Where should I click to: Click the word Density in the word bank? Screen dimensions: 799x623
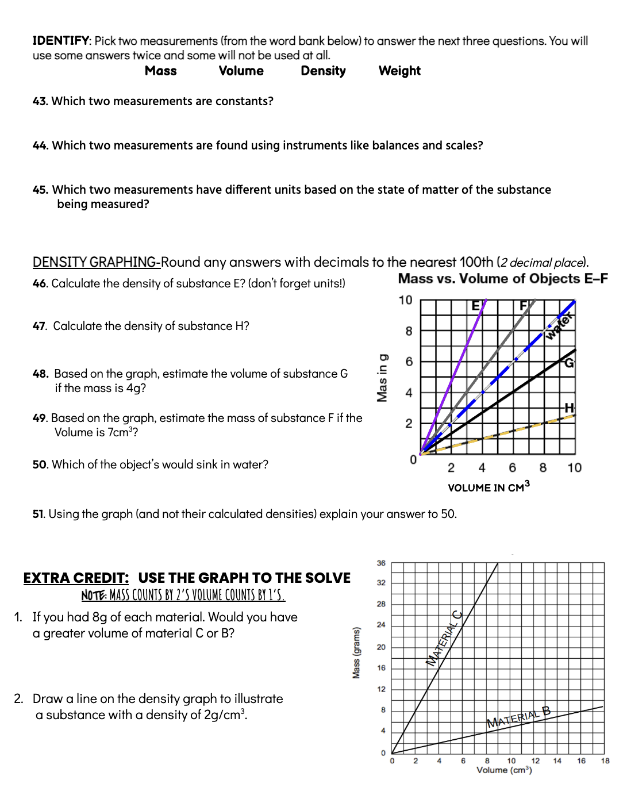pos(323,71)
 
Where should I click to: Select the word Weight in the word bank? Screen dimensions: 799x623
pos(399,71)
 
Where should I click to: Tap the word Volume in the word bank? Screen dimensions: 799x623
pos(241,71)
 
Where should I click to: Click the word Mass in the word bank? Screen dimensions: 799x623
pos(161,71)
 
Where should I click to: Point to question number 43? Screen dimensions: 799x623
pos(40,102)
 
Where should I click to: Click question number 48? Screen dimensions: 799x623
pos(40,374)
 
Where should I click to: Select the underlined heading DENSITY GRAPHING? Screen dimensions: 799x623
pos(95,263)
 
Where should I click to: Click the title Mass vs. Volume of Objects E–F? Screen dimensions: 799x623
pos(502,279)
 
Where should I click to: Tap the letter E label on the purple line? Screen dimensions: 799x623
pos(475,306)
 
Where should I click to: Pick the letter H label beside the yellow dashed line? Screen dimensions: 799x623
pos(569,408)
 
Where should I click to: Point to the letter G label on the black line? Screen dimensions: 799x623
pos(568,363)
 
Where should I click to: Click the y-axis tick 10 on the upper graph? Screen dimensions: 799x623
pos(405,300)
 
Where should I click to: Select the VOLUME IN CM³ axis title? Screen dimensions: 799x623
pos(489,487)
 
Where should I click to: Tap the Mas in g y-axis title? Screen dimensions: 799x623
pos(382,378)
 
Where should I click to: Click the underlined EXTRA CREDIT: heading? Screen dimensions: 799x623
pos(76,578)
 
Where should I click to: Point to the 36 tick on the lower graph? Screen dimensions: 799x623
pos(381,563)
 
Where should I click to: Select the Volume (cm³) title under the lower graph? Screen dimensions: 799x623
pos(504,770)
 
